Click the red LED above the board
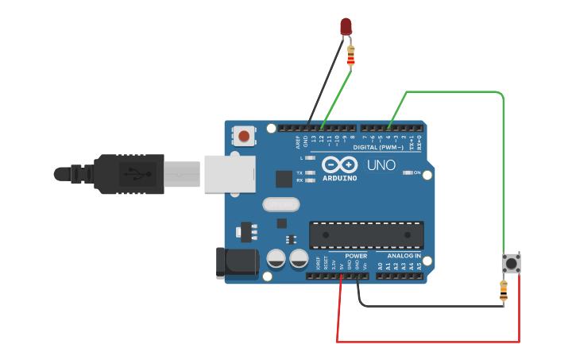[x=346, y=26]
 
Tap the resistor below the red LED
[x=351, y=56]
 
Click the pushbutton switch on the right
[x=512, y=263]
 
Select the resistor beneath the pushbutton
[x=503, y=291]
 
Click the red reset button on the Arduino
[x=244, y=137]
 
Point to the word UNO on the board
[x=381, y=166]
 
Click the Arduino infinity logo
[x=340, y=165]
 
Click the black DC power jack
[x=237, y=263]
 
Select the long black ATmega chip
[x=365, y=234]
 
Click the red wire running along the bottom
[x=429, y=343]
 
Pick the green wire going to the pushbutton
[x=503, y=175]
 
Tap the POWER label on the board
[x=356, y=256]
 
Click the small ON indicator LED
[x=407, y=172]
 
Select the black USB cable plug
[x=127, y=173]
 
